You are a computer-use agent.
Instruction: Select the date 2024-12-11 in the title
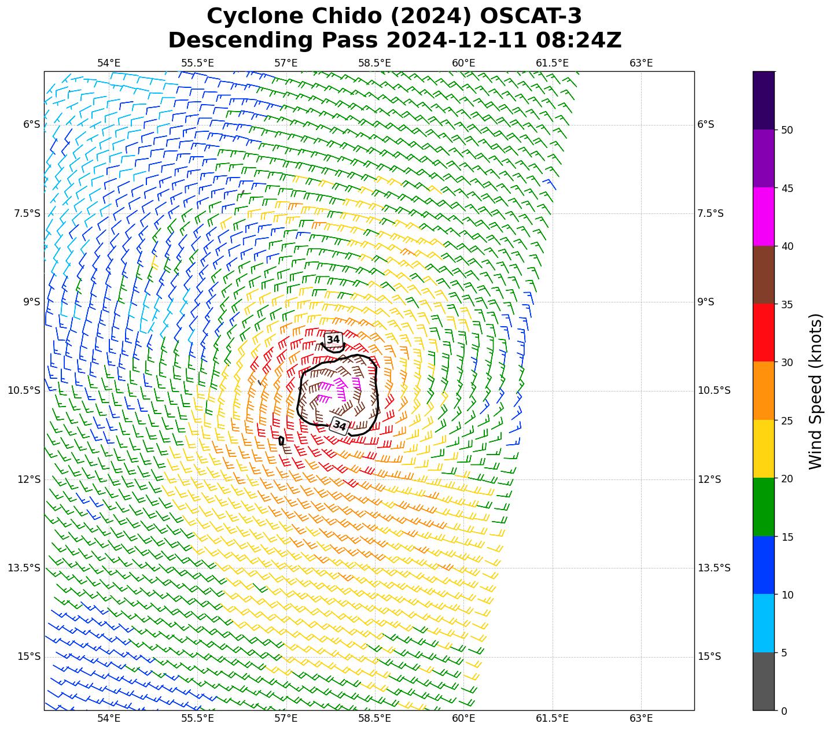(x=457, y=40)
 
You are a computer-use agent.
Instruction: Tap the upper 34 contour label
(x=333, y=339)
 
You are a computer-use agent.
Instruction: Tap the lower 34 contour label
(x=340, y=426)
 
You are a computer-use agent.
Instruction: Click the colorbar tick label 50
(x=786, y=130)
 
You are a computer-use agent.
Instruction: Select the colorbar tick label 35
(x=786, y=304)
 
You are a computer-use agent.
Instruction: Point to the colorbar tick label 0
(x=783, y=711)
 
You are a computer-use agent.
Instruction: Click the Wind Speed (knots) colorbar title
(x=815, y=391)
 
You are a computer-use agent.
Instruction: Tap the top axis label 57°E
(x=286, y=63)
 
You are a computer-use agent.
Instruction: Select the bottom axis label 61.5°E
(x=552, y=719)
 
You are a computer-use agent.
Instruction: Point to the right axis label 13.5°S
(x=714, y=568)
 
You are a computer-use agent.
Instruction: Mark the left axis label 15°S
(x=29, y=656)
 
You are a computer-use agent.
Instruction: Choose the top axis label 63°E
(x=640, y=63)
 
